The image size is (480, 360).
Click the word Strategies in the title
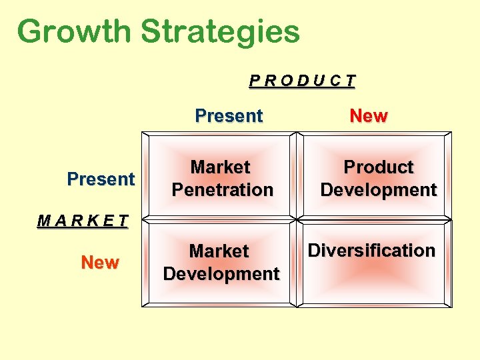coord(221,31)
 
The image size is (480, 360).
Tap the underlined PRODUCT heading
coord(303,81)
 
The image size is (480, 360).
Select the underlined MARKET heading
coord(82,221)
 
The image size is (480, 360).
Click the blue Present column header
coord(229,116)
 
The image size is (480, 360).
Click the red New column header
coord(369,116)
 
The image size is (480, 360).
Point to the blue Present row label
coord(101,179)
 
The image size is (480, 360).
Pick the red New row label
coord(100,263)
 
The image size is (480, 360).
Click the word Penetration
coord(223,190)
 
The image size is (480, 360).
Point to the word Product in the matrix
coord(378,167)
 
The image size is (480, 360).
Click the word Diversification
coord(371,251)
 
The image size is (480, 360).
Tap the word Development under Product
coord(378,190)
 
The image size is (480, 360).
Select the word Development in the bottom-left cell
coord(221,274)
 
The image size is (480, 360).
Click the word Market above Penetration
coord(220,167)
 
